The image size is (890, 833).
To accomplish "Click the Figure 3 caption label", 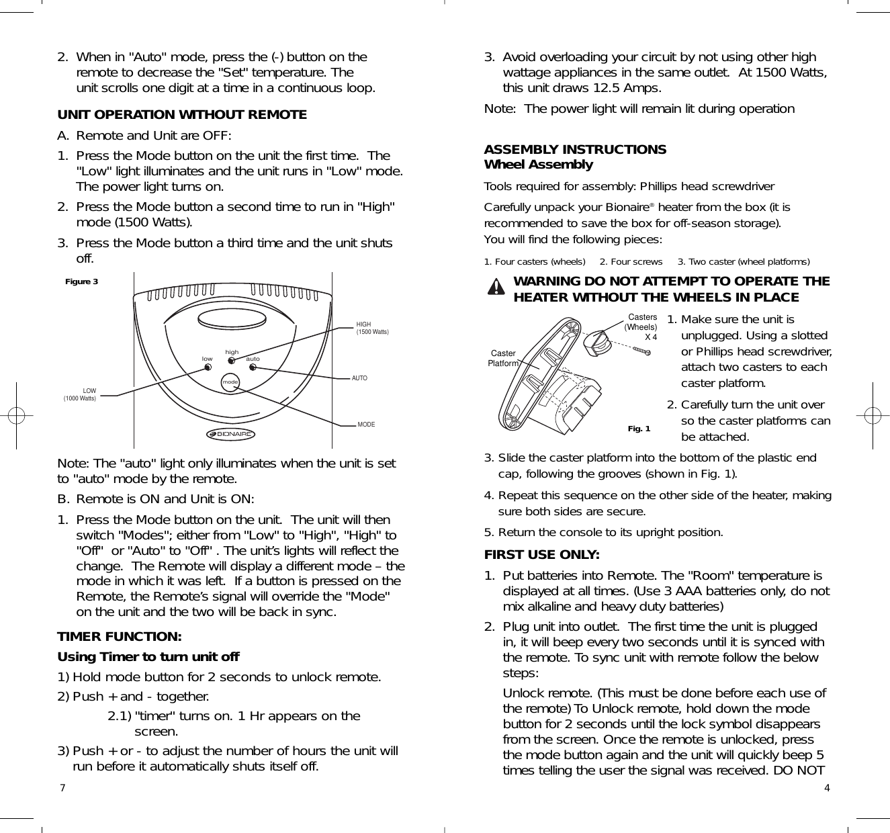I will point(81,281).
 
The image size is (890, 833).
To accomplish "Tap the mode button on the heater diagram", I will point(231,382).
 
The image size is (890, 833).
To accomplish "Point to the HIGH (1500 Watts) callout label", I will point(372,328).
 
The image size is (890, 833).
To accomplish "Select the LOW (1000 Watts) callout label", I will point(80,394).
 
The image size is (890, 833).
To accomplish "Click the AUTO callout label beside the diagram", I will point(359,378).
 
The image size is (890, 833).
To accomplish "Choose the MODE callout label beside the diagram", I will point(366,425).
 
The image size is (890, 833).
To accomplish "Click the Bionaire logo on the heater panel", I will point(231,434).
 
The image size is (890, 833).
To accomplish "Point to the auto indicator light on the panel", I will point(253,367).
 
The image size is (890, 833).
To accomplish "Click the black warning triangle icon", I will point(496,288).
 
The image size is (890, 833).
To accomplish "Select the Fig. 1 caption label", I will point(639,429).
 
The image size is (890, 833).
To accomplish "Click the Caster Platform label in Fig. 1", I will point(503,358).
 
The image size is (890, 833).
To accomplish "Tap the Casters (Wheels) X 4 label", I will point(641,326).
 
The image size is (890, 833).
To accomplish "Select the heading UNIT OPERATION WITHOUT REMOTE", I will point(182,115).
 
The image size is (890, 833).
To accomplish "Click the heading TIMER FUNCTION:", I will point(120,636).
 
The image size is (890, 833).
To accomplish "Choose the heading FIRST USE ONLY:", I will point(542,555).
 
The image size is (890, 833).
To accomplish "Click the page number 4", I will point(827,788).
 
